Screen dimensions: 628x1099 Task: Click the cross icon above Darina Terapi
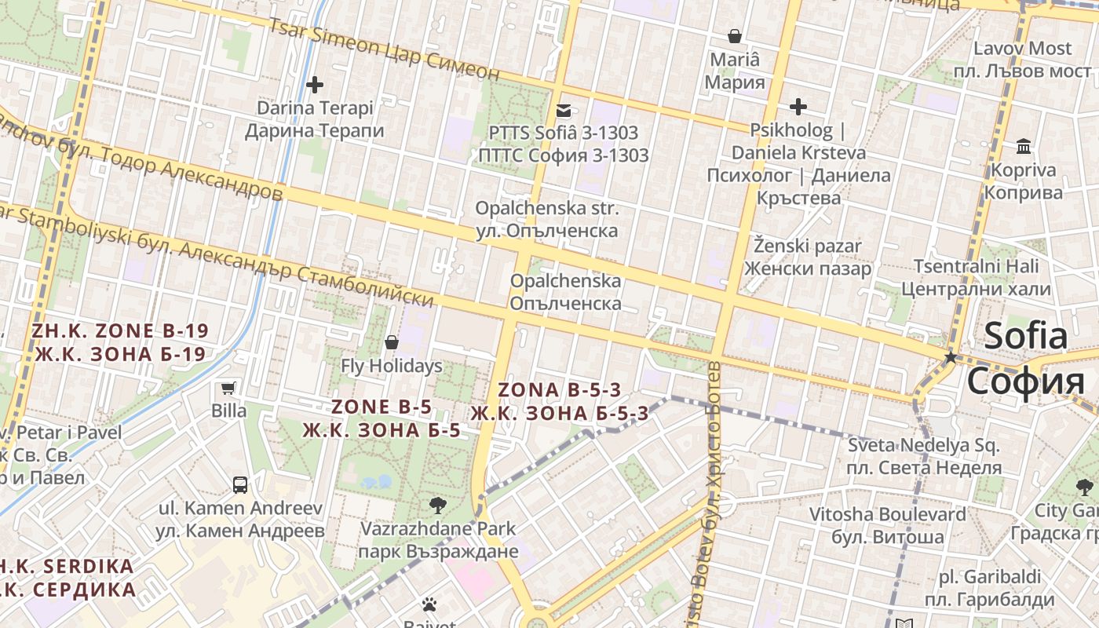click(315, 84)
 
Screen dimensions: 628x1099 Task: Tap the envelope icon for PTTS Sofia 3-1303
click(564, 111)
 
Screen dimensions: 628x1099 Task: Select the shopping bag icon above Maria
click(735, 36)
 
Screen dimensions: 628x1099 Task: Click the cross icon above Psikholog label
click(798, 106)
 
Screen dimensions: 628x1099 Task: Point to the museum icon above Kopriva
click(1024, 147)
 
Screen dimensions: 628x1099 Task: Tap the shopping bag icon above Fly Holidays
click(392, 343)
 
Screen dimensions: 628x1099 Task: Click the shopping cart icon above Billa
click(228, 388)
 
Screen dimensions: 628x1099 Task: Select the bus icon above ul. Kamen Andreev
click(240, 485)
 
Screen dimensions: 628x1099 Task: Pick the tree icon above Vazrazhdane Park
click(438, 505)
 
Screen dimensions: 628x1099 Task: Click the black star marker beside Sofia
click(951, 357)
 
